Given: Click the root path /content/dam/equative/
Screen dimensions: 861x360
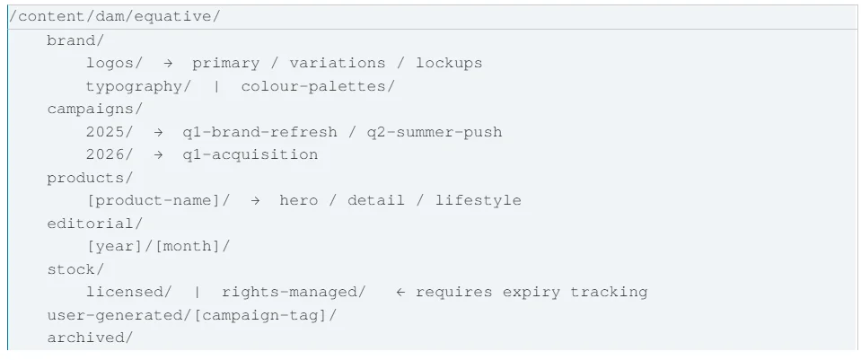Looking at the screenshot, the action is (x=114, y=16).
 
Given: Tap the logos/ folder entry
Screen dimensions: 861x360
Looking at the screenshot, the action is (x=114, y=63).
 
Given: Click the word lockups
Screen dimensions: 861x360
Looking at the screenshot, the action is (x=449, y=63).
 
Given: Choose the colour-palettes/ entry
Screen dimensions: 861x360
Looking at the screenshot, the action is (x=318, y=86).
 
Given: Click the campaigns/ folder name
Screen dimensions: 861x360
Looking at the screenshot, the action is (x=95, y=109).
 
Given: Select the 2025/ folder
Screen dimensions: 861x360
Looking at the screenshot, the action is (x=110, y=132).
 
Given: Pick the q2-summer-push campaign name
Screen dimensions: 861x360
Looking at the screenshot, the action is (x=435, y=132).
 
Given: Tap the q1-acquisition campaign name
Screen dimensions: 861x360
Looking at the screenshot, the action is (x=250, y=154).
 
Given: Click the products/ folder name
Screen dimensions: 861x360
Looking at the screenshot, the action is (x=90, y=178).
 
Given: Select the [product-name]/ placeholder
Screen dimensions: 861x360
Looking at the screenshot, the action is (x=158, y=200).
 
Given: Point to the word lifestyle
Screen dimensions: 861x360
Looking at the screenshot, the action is (x=479, y=200).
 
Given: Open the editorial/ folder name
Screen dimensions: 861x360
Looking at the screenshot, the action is (x=95, y=224).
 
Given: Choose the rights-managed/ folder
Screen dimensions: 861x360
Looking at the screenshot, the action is (x=294, y=292).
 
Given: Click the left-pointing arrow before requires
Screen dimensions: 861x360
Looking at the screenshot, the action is (x=400, y=292).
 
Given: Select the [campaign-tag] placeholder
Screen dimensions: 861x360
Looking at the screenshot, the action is (x=257, y=315).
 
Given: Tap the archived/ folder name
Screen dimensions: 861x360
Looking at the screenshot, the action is (x=90, y=338).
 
